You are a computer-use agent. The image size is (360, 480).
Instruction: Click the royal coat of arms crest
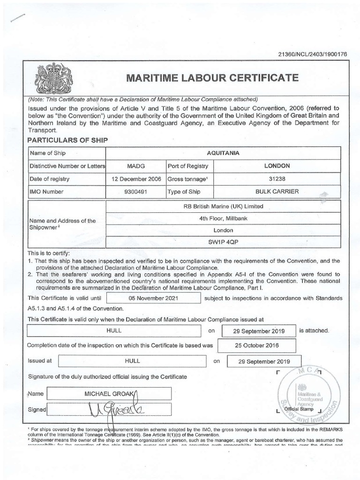(x=49, y=78)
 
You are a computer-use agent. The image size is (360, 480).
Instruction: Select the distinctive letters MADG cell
(x=136, y=166)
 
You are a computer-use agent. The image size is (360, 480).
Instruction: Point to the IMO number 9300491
(x=136, y=191)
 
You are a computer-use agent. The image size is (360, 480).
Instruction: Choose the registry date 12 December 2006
(x=136, y=179)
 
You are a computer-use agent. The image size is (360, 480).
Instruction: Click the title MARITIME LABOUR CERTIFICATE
(x=210, y=78)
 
